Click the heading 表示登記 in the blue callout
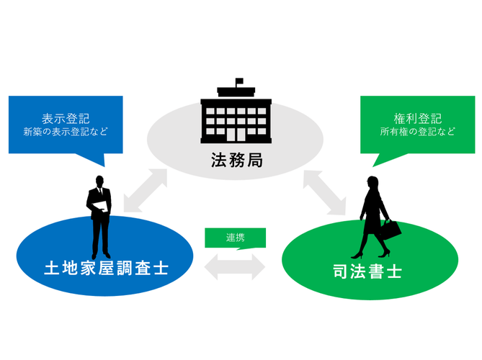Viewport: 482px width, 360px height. [x=66, y=117]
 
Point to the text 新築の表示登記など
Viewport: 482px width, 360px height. [x=66, y=132]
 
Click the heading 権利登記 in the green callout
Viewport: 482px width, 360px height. [x=417, y=117]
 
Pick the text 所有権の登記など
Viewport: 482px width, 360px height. [x=417, y=132]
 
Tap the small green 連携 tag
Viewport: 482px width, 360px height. [x=235, y=238]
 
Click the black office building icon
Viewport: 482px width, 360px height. [x=236, y=114]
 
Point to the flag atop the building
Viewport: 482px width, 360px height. [x=239, y=81]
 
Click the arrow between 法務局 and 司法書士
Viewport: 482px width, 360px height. [x=328, y=192]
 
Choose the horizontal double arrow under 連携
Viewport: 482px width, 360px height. [x=235, y=266]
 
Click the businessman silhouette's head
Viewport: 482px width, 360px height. [x=99, y=181]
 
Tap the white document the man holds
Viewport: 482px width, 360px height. [x=101, y=208]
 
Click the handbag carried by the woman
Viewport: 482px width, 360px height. [x=391, y=230]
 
